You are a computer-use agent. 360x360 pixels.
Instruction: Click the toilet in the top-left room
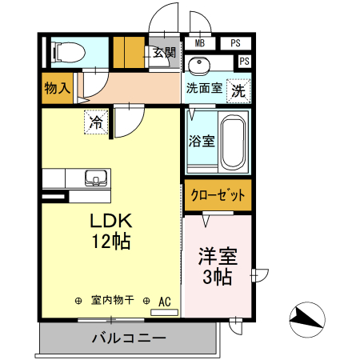(x=69, y=54)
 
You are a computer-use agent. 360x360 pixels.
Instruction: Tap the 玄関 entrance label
(x=164, y=53)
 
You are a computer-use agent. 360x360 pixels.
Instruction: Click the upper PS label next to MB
(x=235, y=43)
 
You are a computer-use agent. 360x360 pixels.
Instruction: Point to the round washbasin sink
(x=198, y=64)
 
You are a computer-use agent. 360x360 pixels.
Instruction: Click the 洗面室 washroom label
(x=204, y=89)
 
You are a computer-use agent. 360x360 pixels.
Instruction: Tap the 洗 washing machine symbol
(x=238, y=91)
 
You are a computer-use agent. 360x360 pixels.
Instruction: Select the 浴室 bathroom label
(x=201, y=142)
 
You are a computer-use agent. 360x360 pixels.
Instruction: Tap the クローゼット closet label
(x=218, y=195)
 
